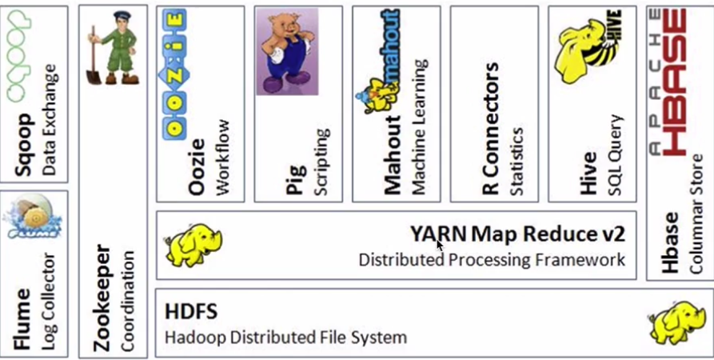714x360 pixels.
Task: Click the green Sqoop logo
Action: (x=19, y=56)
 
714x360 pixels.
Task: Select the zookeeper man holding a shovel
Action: (x=114, y=48)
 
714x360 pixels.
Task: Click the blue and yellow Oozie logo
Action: (x=174, y=74)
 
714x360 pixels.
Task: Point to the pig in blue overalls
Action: (x=287, y=51)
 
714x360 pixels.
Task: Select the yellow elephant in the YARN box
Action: (x=193, y=245)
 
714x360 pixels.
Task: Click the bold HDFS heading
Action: (x=191, y=312)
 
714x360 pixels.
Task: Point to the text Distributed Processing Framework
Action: (x=492, y=260)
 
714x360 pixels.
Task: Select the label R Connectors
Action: (x=491, y=128)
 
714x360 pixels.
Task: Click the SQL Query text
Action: (x=615, y=155)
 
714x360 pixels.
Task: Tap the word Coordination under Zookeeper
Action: (x=129, y=301)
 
